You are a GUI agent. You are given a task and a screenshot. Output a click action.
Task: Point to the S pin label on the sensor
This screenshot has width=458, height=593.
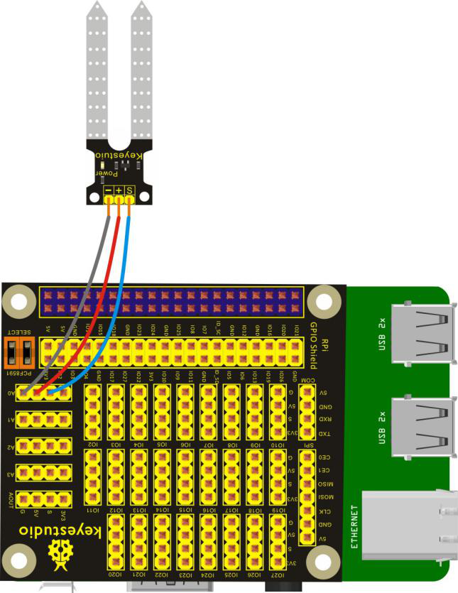pyautogui.click(x=130, y=190)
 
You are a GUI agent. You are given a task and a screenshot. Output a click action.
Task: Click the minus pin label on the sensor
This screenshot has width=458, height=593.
pyautogui.click(x=107, y=190)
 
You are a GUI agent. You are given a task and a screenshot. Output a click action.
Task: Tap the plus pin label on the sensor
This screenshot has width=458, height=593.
pyautogui.click(x=119, y=190)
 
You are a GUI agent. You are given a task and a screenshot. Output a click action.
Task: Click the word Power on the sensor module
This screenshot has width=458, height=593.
pyautogui.click(x=103, y=170)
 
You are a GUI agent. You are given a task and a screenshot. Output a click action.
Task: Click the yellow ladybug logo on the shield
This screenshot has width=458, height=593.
pyautogui.click(x=60, y=550)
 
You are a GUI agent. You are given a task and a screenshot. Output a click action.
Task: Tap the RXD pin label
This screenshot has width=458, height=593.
pyautogui.click(x=323, y=419)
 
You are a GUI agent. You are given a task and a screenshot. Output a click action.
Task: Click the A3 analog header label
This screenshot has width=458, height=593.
pyautogui.click(x=10, y=474)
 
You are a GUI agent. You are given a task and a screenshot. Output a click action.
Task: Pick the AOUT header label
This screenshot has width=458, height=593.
pyautogui.click(x=10, y=499)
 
